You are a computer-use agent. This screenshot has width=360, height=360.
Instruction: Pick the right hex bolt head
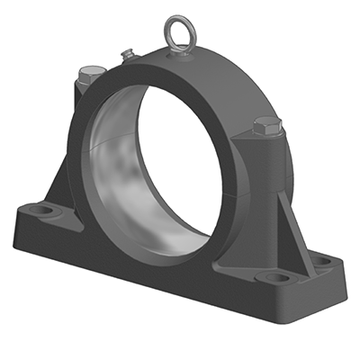click(266, 125)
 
